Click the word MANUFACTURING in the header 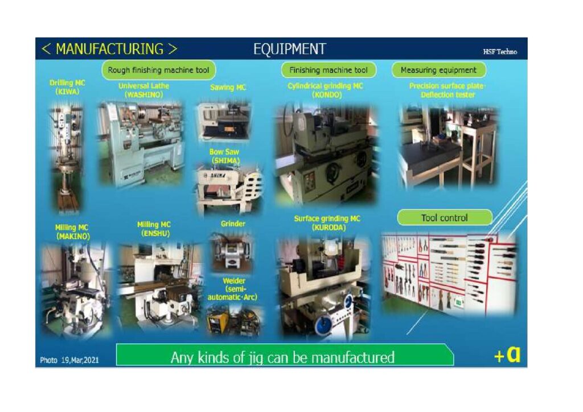(x=109, y=49)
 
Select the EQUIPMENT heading (x=290, y=49)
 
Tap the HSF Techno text (x=500, y=52)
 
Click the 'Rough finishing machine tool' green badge (x=158, y=70)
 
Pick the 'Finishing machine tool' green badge (x=329, y=70)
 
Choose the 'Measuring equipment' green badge (x=438, y=70)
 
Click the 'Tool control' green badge (x=444, y=218)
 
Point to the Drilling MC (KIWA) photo (x=68, y=158)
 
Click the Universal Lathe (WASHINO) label (x=143, y=90)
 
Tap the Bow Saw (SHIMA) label (x=224, y=156)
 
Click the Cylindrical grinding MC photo (x=326, y=154)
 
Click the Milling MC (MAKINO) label (x=72, y=232)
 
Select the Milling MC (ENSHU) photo (x=159, y=286)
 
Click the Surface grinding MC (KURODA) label (x=327, y=223)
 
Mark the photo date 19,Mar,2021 (x=69, y=360)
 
